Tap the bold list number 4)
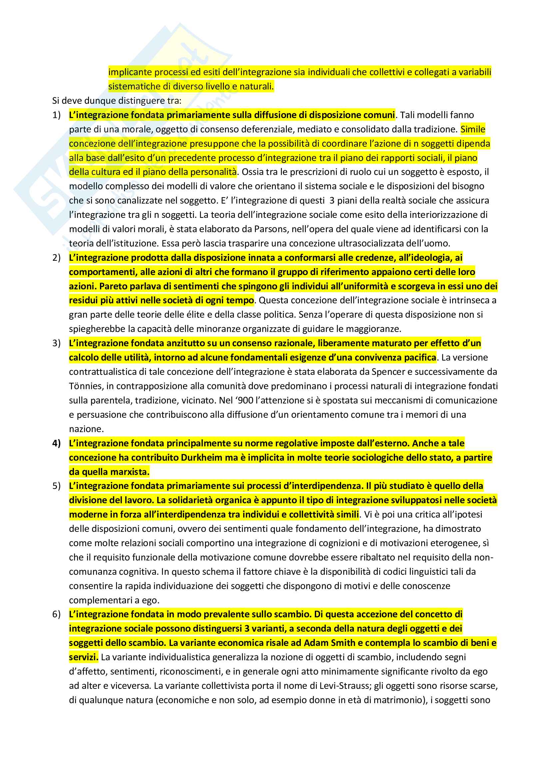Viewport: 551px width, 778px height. coord(56,443)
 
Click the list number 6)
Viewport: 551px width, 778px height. coord(56,614)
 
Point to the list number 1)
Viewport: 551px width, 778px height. coord(56,115)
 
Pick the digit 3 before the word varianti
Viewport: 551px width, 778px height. coord(247,629)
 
